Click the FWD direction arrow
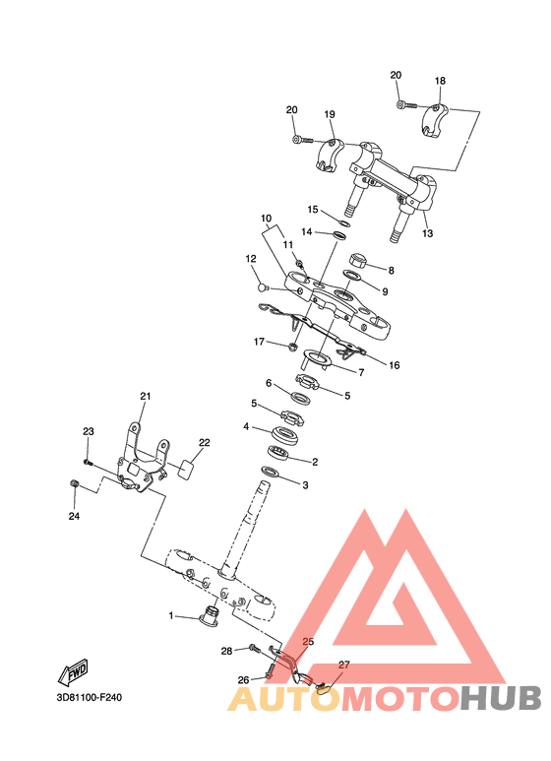tap(73, 672)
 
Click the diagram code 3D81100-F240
tap(90, 698)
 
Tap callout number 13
tap(427, 233)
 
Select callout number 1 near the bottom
tap(171, 615)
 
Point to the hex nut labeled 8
tap(358, 260)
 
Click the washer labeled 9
tap(353, 276)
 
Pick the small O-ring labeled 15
tap(343, 222)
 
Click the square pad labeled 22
tap(187, 468)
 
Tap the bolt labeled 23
tap(88, 462)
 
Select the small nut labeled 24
tap(74, 483)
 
